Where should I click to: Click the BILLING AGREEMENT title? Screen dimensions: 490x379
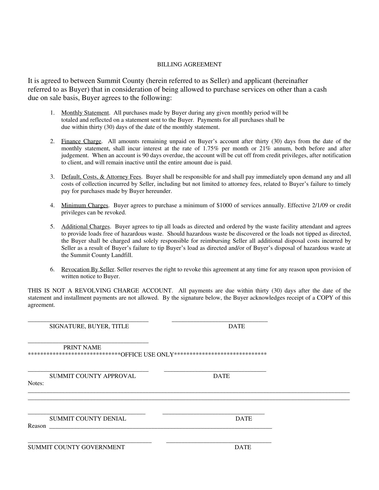pos(189,65)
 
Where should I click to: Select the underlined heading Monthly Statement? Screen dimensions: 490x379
pos(85,113)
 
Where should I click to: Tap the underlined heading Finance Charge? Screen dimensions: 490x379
pos(81,141)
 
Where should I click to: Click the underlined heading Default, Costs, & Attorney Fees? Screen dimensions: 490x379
pos(101,177)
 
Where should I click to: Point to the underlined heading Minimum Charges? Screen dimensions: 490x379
pos(85,205)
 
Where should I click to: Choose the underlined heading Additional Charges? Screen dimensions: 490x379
pos(86,227)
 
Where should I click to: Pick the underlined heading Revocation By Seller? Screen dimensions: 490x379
pos(88,269)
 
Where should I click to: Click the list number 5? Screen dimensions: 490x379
pos(52,227)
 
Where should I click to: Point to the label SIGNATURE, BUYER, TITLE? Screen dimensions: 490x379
pos(89,326)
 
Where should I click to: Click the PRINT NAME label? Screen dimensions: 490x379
pos(82,348)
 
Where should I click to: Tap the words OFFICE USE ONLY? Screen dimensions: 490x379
pos(147,354)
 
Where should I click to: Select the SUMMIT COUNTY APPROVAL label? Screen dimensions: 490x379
pos(92,376)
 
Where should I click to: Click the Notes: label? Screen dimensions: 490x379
pos(36,383)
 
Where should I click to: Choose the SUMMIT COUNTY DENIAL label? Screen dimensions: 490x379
pos(88,419)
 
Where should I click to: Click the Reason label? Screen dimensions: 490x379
pos(37,426)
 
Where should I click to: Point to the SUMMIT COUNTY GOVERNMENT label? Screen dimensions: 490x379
pos(76,447)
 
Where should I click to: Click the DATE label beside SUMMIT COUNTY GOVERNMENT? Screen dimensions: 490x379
pos(243,447)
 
